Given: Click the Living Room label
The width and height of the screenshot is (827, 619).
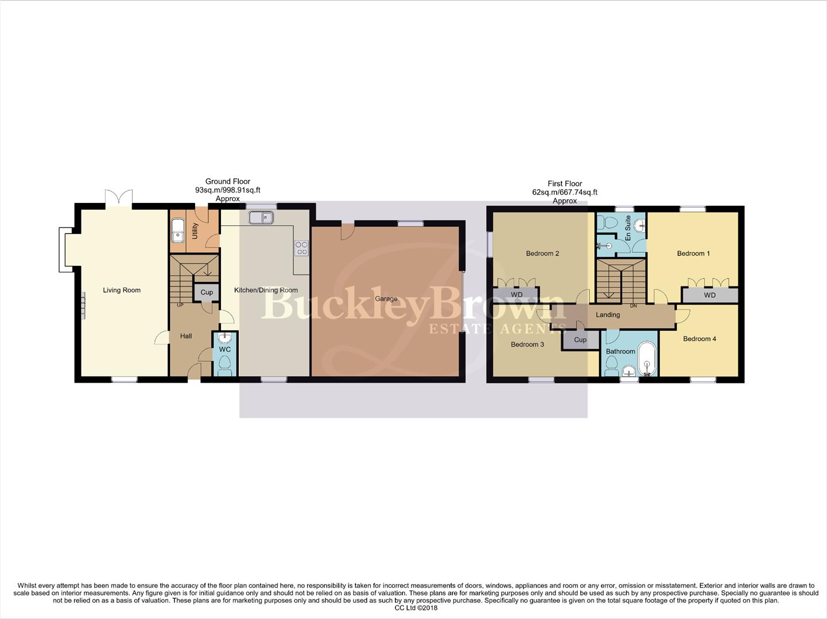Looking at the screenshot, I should click(x=122, y=290).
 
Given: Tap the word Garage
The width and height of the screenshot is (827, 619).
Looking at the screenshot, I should click(x=386, y=299).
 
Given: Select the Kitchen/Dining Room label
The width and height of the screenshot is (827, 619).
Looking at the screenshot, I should click(x=266, y=290).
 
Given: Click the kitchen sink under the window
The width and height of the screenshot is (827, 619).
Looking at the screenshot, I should click(x=261, y=218).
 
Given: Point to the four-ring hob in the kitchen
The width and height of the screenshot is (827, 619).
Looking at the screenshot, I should click(x=301, y=248).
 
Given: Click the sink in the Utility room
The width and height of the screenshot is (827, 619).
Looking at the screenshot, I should click(x=178, y=233).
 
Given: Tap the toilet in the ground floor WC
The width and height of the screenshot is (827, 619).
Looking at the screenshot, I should click(x=225, y=365).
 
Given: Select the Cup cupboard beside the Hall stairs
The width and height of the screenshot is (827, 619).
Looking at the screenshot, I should click(x=207, y=292).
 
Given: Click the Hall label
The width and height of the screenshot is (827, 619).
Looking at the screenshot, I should click(x=186, y=336).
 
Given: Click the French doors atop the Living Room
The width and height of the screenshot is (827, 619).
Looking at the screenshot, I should click(x=119, y=197).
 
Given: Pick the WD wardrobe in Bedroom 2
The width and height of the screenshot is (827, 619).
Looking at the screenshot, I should click(x=517, y=295).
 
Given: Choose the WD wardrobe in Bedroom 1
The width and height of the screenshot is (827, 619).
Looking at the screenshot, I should click(x=710, y=295).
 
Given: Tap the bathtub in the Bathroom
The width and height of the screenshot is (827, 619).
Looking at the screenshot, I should click(x=647, y=359).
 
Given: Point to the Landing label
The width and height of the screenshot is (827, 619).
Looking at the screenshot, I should click(x=608, y=315).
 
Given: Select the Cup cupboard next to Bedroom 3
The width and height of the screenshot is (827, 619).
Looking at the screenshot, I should click(x=580, y=340).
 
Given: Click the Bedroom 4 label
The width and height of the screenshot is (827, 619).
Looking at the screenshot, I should click(x=699, y=339).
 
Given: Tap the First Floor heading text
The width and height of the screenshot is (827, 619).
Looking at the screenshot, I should click(x=565, y=184).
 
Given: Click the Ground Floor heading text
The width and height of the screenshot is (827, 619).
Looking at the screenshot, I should click(x=228, y=181).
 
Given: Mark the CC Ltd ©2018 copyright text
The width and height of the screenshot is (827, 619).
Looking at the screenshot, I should click(x=416, y=608).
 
